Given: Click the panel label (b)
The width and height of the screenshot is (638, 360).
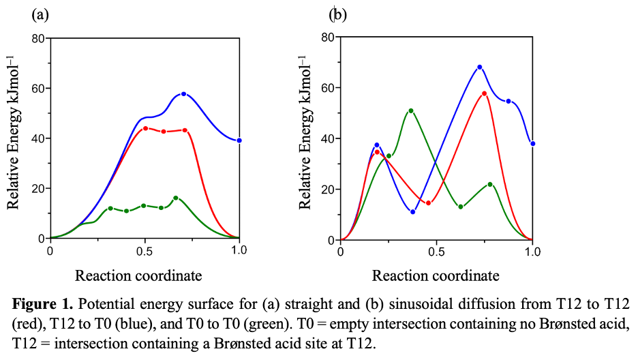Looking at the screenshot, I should point(338,14).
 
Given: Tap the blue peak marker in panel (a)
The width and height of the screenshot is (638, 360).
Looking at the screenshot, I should point(183,94).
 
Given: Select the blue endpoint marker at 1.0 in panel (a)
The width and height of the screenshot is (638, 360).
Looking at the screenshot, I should point(239,140).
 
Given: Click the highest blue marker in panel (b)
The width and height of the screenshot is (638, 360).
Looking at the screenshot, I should point(480,67).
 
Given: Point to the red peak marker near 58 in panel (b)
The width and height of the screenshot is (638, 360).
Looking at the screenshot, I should point(484,93).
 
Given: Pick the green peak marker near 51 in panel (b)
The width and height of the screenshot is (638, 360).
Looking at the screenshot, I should point(411,110).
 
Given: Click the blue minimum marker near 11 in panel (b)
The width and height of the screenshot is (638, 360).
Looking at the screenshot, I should point(413,212).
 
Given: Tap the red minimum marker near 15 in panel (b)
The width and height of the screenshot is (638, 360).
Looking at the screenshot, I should point(428,202).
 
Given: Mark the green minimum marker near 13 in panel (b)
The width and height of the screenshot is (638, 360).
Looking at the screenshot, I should point(461,207).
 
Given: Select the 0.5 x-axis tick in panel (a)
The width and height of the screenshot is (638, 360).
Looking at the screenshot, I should point(145,250).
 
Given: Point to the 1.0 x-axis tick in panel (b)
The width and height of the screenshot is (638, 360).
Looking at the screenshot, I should point(532,252).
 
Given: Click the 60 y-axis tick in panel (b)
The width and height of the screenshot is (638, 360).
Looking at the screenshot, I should point(326,88).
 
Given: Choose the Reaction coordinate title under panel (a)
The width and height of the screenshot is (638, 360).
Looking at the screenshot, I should point(138,276).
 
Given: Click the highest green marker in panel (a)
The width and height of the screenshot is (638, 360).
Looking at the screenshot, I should point(176,198).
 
